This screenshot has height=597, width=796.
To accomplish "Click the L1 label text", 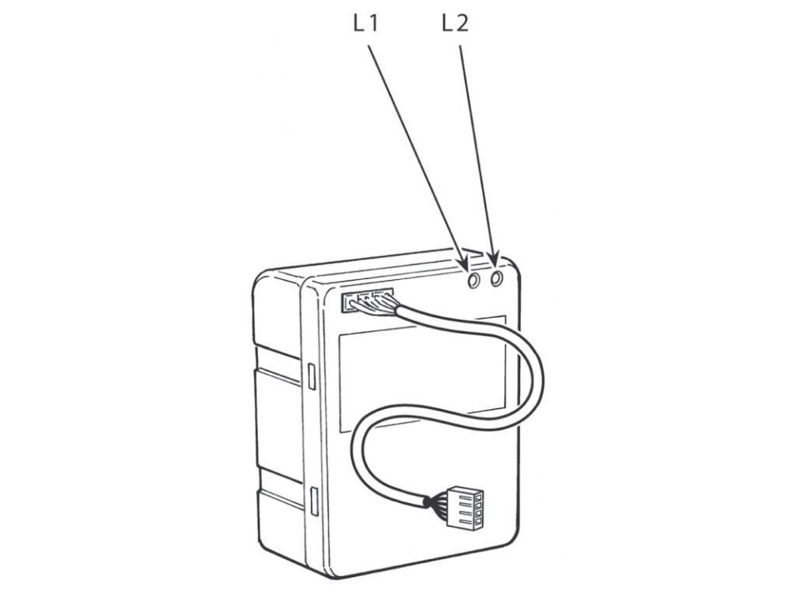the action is pyautogui.click(x=365, y=24).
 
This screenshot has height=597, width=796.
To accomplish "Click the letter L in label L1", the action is pyautogui.click(x=358, y=24).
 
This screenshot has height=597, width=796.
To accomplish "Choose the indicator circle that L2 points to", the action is pyautogui.click(x=497, y=275).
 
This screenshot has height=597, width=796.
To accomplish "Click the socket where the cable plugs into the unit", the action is pyautogui.click(x=367, y=298).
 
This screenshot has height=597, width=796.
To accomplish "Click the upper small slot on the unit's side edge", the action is pyautogui.click(x=311, y=375).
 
